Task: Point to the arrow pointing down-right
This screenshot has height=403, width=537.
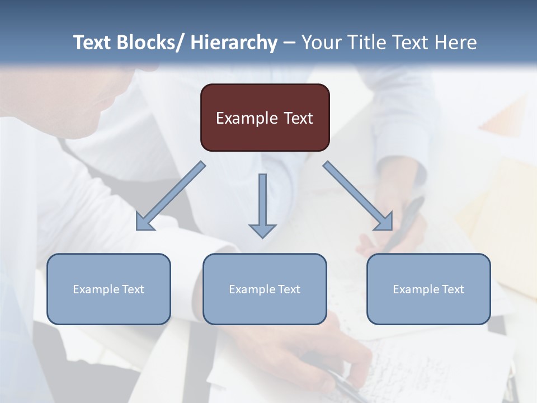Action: pyautogui.click(x=359, y=196)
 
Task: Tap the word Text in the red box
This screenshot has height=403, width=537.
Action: pyautogui.click(x=298, y=118)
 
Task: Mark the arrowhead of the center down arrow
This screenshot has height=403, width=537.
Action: pyautogui.click(x=262, y=230)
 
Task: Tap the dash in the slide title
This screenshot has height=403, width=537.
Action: pyautogui.click(x=289, y=43)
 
